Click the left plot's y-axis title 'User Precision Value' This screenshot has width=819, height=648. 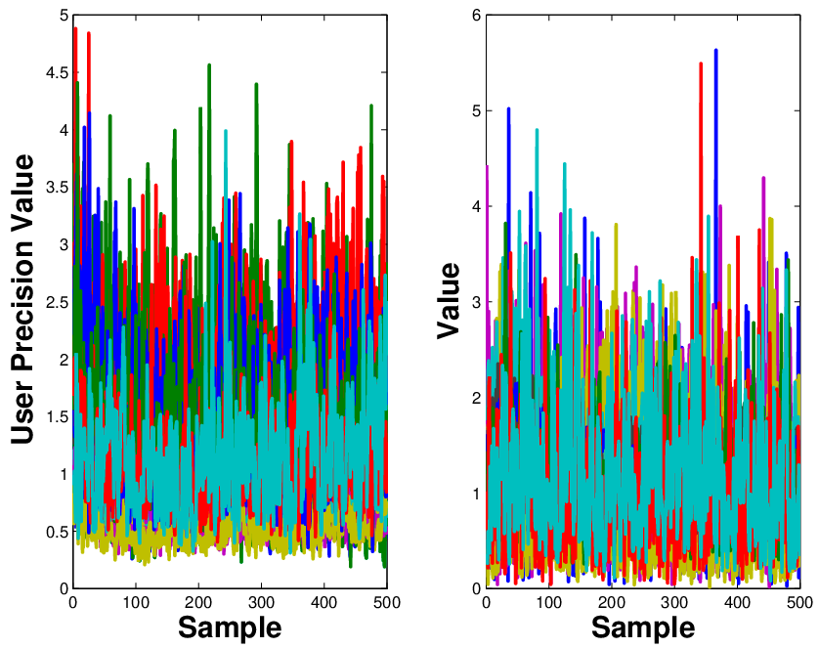coord(22,300)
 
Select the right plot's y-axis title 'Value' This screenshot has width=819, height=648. coord(448,300)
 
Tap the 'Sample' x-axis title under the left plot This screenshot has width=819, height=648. coord(230,627)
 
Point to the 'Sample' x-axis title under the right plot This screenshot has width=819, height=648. coord(643,627)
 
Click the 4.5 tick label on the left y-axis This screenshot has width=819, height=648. coord(58,72)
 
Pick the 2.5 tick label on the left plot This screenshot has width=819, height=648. coord(58,302)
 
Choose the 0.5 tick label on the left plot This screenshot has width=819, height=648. coord(58,532)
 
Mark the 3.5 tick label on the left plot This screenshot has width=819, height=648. coord(58,188)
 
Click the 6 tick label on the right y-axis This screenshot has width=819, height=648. coord(476,16)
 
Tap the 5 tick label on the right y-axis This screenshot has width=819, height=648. coord(476,111)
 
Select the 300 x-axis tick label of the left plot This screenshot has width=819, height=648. coord(261,603)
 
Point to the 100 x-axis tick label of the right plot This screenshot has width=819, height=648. coord(549,603)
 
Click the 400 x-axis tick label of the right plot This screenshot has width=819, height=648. coord(738,603)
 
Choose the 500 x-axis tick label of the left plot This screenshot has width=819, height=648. coord(386,603)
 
